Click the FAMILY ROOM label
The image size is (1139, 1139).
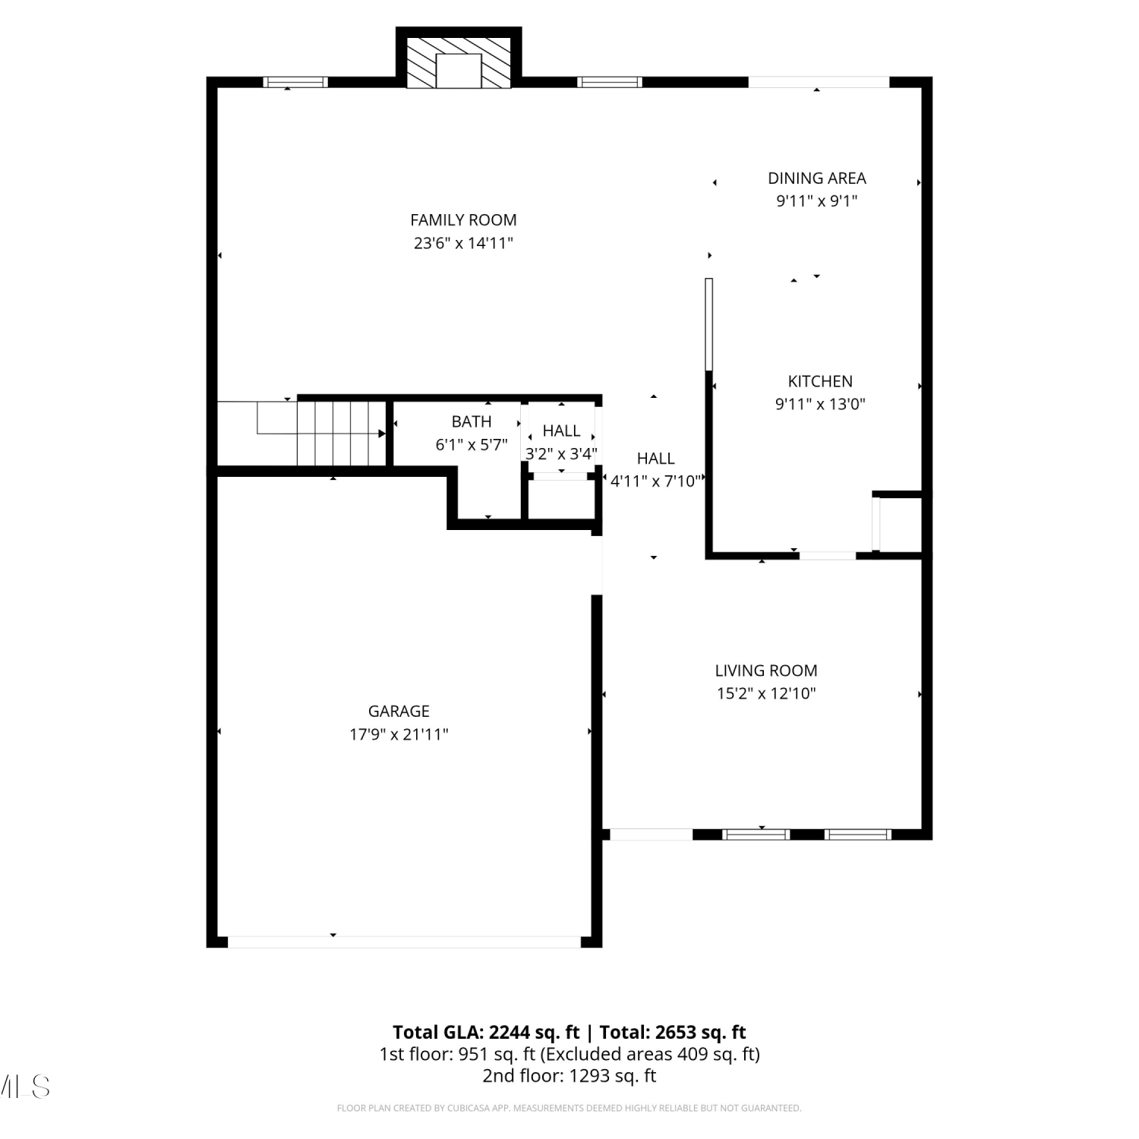(463, 220)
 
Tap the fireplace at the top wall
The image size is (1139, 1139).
(459, 60)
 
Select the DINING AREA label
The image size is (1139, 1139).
(817, 178)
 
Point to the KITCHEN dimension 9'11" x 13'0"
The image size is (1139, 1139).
(820, 404)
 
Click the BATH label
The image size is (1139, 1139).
(472, 421)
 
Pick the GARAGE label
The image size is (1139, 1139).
(399, 711)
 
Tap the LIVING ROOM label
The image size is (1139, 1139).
(766, 670)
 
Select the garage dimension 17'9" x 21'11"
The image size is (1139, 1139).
(399, 734)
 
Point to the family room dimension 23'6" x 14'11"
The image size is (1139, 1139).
(463, 244)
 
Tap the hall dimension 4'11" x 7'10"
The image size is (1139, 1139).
(656, 481)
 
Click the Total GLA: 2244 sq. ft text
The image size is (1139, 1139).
(486, 1033)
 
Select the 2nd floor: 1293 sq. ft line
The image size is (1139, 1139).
(569, 1076)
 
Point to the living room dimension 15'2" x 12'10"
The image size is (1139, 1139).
(766, 693)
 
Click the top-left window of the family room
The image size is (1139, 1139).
(295, 82)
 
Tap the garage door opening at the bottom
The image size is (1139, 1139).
(404, 942)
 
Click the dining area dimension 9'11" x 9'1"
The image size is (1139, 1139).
(817, 201)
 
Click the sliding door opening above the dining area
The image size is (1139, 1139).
(819, 82)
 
